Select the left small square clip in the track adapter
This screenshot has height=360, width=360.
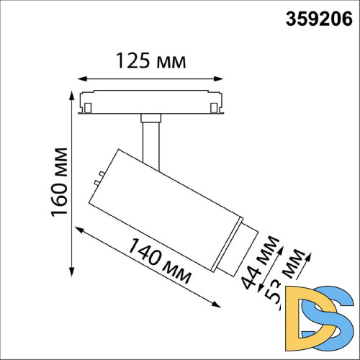coord(88,107)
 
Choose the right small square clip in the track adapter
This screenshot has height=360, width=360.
coord(215,107)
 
